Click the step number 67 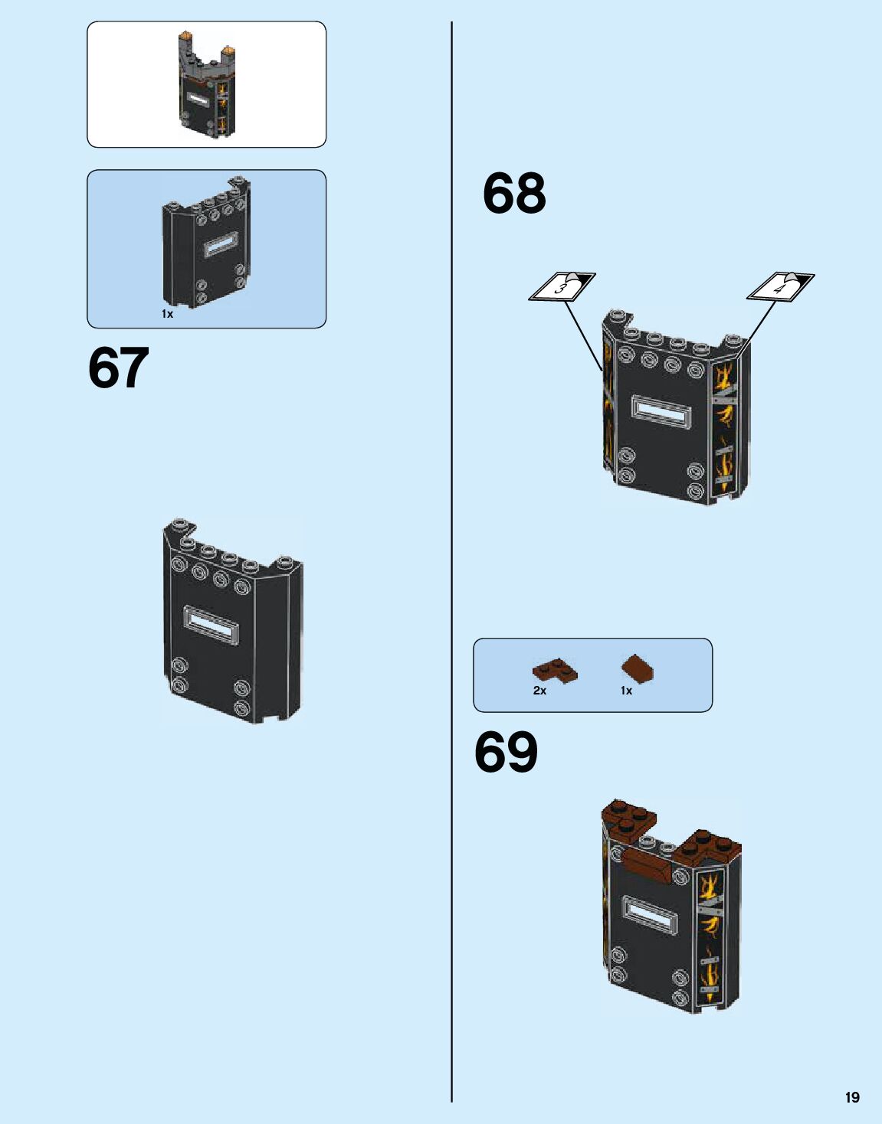click(x=119, y=368)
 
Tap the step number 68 click(x=514, y=194)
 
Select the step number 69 click(x=506, y=752)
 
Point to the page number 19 click(x=852, y=1097)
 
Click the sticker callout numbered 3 click(x=562, y=287)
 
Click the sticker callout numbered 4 click(x=780, y=287)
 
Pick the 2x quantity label click(x=539, y=691)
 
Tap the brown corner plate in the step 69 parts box click(x=555, y=671)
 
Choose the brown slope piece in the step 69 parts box click(x=638, y=668)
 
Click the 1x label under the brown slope click(x=626, y=691)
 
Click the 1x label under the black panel click(x=167, y=314)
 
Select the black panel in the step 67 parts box click(x=205, y=245)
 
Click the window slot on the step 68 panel click(x=661, y=412)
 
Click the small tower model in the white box click(x=206, y=84)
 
